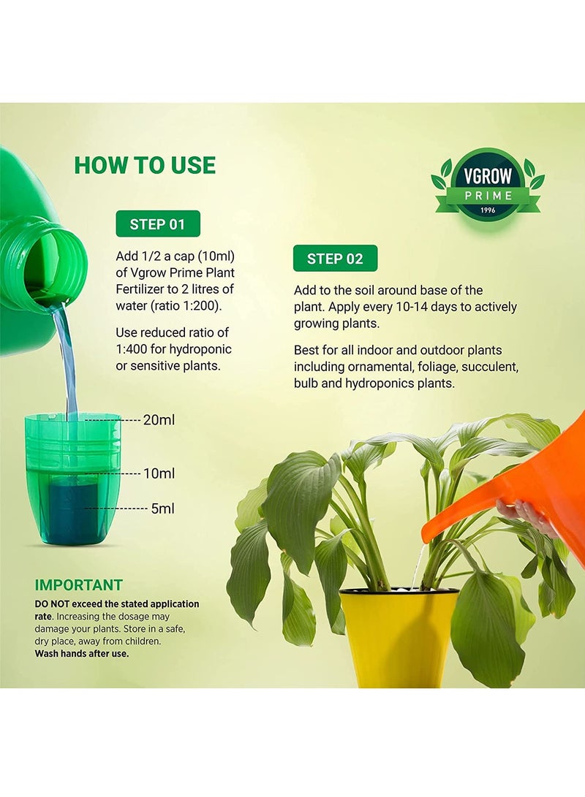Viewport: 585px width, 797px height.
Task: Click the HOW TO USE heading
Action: (145, 165)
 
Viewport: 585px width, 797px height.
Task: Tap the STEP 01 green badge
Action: (158, 224)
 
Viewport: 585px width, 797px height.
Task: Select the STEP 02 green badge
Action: (335, 259)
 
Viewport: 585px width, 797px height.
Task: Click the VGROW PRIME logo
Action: (488, 184)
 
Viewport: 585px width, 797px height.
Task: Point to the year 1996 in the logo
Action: (488, 210)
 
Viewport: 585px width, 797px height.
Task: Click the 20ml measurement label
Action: (159, 420)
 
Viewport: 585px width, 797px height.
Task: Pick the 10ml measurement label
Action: (159, 473)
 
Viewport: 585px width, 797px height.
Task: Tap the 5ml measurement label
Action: (163, 508)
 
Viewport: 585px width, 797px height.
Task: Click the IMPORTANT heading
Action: (79, 585)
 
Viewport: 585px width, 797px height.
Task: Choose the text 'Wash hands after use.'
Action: (81, 654)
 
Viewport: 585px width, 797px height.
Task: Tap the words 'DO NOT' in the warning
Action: (52, 604)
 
